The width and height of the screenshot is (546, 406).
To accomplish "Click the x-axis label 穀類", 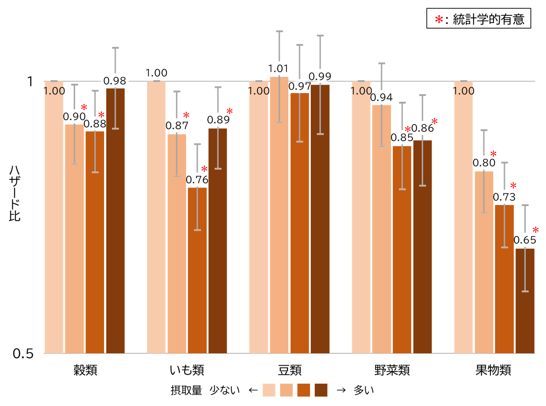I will click(85, 370).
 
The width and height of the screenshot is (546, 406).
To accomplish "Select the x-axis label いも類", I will click(187, 370).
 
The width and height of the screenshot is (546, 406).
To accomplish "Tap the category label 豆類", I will click(289, 370).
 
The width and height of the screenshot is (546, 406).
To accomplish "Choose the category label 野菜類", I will click(392, 370).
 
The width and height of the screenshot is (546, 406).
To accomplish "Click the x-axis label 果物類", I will click(493, 370).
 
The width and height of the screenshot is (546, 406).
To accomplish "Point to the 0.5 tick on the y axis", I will click(23, 354).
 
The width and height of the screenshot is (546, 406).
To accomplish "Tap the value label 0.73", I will click(504, 197).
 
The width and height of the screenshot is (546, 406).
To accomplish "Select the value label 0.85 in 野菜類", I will click(402, 138).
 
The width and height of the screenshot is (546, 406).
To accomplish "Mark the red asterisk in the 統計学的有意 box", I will click(439, 19).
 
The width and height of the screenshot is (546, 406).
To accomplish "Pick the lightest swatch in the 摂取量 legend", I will click(269, 390).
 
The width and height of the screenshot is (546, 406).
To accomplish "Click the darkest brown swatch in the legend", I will click(321, 390).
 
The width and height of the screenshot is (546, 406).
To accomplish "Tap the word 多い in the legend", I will click(364, 390).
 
